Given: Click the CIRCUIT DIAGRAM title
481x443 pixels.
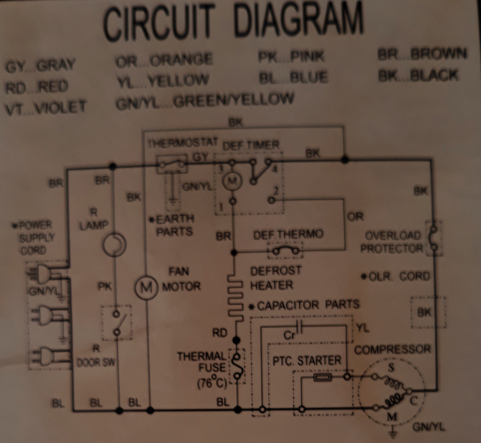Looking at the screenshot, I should click(233, 23).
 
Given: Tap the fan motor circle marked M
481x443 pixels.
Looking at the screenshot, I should click(148, 286).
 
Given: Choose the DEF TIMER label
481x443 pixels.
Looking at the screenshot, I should click(252, 144).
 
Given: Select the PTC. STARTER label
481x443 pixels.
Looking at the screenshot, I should click(305, 362).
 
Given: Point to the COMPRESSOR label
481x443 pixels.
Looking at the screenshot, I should click(392, 349).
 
